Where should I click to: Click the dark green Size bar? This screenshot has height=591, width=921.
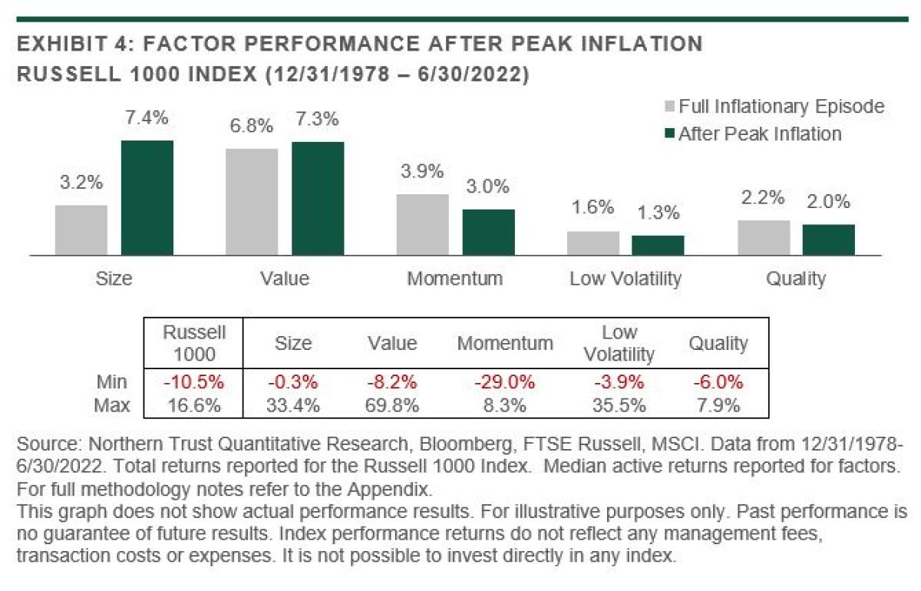[x=147, y=197]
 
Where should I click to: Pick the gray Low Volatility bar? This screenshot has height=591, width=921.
[x=593, y=243]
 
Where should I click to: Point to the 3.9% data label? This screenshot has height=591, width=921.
[x=422, y=172]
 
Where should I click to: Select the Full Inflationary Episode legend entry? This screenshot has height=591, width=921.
[x=774, y=107]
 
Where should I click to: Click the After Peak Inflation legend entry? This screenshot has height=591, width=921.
[x=752, y=134]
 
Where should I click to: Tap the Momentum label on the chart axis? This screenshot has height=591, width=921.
[x=455, y=278]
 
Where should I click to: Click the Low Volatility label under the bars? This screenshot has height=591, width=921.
[x=626, y=278]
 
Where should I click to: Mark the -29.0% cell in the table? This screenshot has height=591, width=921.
[x=504, y=381]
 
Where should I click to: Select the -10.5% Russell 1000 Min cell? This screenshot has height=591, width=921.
[x=194, y=381]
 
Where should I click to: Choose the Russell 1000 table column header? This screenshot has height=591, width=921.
[x=194, y=343]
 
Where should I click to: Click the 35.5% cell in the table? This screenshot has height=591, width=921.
[x=619, y=405]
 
